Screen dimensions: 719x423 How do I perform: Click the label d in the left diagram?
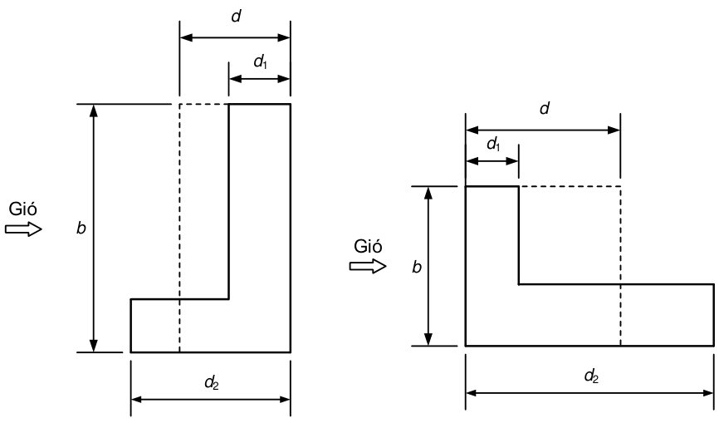point(236,17)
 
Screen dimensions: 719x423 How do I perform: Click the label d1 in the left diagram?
point(261,61)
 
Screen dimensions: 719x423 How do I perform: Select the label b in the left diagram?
point(81,228)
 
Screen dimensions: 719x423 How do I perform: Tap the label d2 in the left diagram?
point(212,382)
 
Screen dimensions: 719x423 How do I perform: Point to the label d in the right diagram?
point(545,109)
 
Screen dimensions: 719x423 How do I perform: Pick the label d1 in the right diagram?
point(493,145)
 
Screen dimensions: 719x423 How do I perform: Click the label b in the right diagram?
point(416,267)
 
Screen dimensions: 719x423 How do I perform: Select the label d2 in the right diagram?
point(591,376)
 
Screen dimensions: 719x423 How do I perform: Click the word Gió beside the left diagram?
point(23,209)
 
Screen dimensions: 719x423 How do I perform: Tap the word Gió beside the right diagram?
point(368,246)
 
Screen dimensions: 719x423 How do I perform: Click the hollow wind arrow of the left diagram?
point(23,229)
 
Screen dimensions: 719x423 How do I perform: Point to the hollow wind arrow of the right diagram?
point(368,266)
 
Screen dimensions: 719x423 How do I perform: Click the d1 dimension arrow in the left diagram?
point(260,79)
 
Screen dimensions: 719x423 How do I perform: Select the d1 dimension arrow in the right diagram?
point(492,161)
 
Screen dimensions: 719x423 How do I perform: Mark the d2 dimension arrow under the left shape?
point(211,400)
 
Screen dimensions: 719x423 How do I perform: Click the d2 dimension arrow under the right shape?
point(589,393)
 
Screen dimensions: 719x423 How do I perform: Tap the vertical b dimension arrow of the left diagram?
point(94,228)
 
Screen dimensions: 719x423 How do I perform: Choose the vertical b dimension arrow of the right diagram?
point(428,266)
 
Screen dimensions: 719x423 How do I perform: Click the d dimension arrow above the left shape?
point(235,37)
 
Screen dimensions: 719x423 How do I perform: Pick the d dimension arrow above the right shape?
point(543,130)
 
